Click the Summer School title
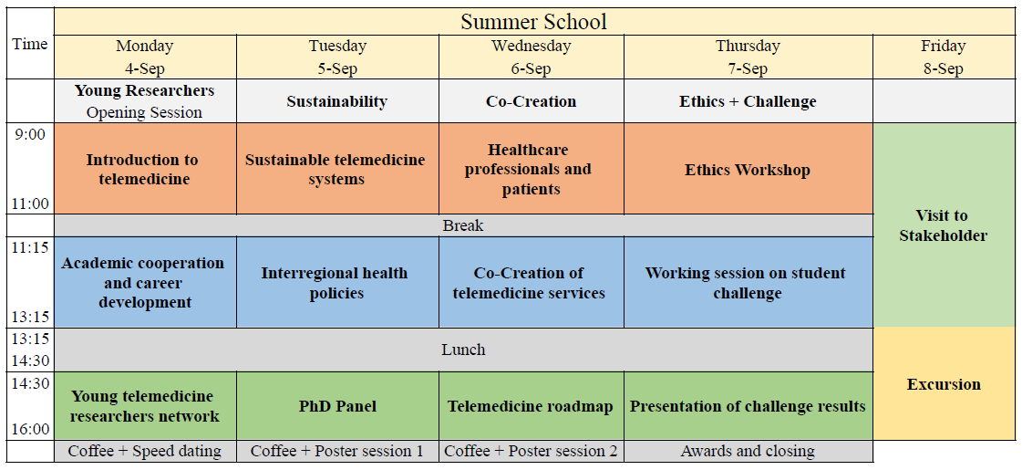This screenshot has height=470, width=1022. [534, 22]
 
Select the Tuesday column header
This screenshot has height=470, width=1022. [337, 46]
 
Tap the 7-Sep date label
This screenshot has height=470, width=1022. [748, 68]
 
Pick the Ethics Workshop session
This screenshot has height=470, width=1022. [748, 169]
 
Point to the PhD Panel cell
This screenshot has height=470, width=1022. [337, 406]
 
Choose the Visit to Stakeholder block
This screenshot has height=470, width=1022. [944, 225]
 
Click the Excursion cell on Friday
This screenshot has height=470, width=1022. [944, 384]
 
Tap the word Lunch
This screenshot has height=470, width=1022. [463, 350]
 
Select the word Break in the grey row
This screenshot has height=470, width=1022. [463, 225]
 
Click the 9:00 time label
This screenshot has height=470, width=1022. [30, 134]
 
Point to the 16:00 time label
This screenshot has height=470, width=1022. [30, 429]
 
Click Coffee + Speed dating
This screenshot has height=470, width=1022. [145, 451]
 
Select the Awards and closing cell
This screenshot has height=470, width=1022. [748, 451]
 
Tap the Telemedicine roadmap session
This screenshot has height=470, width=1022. [531, 406]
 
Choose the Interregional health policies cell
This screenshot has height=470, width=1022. [337, 283]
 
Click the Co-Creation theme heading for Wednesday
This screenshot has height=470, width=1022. [531, 101]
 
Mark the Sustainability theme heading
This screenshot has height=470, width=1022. [337, 101]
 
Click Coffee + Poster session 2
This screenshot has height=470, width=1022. [531, 451]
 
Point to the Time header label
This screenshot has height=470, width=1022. [30, 44]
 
